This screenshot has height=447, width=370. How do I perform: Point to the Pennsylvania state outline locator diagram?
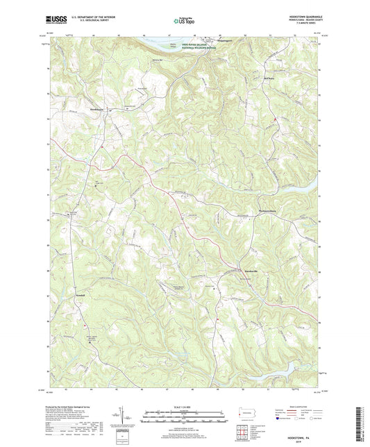pos(241,412)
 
